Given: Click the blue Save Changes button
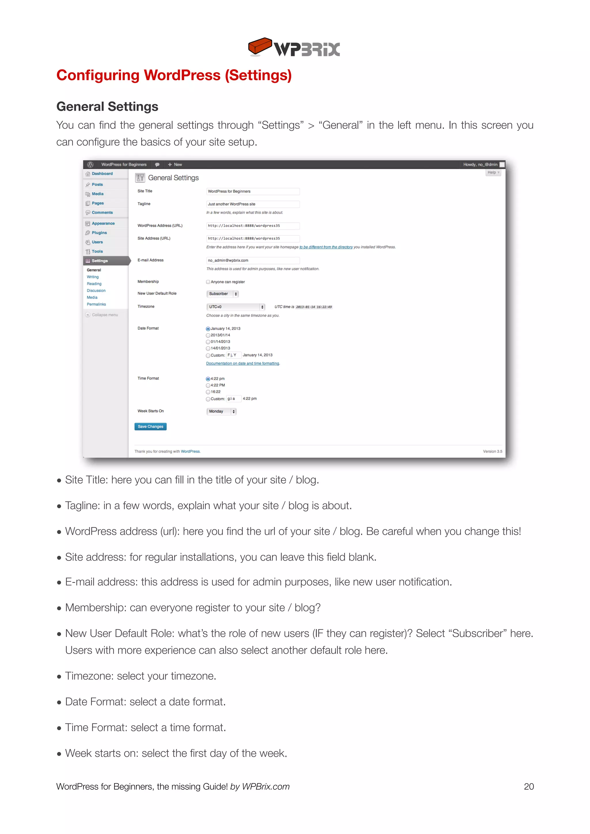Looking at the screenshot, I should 150,427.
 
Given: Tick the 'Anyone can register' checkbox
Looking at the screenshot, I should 208,282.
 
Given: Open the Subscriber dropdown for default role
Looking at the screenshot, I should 222,294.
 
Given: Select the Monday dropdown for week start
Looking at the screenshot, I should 221,412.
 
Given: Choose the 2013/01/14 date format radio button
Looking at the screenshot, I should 208,335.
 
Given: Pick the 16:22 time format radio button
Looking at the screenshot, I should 208,392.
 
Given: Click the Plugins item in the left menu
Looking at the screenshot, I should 99,233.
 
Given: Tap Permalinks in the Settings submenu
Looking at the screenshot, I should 96,304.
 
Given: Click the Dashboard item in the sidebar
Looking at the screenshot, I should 102,174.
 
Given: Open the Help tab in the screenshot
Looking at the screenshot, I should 493,173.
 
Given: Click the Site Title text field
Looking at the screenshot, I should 253,192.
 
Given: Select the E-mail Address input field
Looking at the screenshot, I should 253,260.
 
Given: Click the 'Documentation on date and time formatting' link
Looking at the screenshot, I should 242,364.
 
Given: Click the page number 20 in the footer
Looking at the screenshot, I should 529,786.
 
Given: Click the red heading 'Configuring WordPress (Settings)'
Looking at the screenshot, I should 174,75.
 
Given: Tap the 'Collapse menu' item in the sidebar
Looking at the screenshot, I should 105,315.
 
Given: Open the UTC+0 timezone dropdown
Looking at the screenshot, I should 235,307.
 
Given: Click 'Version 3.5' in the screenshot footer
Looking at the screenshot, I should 492,452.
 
